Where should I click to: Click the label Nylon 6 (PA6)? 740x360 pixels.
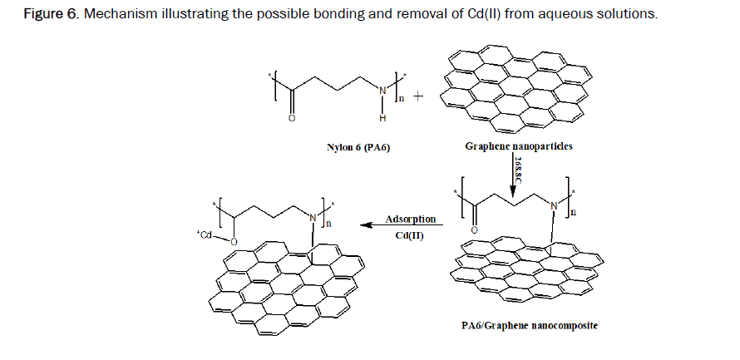tap(358, 148)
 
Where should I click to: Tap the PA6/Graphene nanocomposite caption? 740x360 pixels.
tap(530, 325)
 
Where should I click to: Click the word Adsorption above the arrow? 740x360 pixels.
tap(410, 219)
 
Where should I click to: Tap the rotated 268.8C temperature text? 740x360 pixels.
tap(520, 170)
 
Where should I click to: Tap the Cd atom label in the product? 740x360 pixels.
tap(205, 236)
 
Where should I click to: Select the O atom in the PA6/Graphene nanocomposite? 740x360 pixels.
tap(475, 229)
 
